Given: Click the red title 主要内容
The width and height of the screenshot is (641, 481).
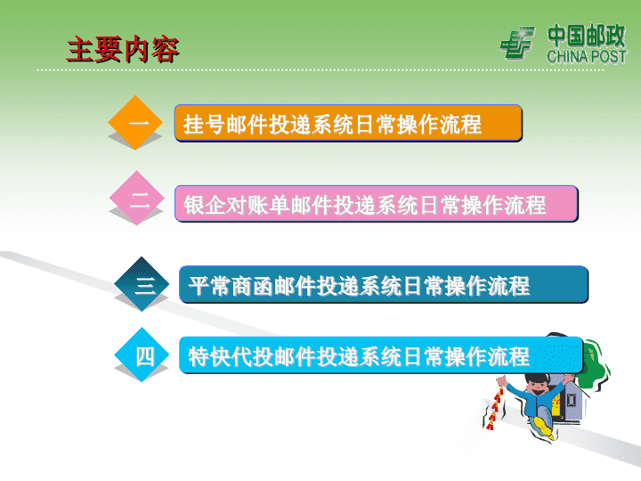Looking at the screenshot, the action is (123, 49).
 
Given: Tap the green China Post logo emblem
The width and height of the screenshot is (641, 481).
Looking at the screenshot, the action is (517, 43).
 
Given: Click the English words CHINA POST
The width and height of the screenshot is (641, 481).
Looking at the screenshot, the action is (587, 56).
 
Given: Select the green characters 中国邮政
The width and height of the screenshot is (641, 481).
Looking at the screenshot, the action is (587, 36).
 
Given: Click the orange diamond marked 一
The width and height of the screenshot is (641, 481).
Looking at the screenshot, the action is (135, 122).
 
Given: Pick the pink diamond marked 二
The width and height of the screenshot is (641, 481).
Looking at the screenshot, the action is (137, 198).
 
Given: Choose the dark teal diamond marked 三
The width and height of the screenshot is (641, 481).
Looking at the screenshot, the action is (142, 284).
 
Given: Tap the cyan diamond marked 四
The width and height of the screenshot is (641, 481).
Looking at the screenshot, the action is (142, 355).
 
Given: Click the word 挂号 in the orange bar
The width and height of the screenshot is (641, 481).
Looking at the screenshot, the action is (205, 125).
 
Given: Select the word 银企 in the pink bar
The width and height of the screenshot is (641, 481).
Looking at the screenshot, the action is (205, 205).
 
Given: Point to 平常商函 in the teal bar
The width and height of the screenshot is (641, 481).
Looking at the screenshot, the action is (231, 286).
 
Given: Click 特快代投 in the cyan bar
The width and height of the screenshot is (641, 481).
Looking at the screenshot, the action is (231, 356).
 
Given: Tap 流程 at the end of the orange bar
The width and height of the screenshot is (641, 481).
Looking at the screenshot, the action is (460, 125).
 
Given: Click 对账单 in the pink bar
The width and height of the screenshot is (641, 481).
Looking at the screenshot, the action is (257, 205).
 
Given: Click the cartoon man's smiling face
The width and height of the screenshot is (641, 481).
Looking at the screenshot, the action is (538, 387).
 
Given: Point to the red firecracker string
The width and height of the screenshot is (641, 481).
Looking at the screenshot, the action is (496, 405).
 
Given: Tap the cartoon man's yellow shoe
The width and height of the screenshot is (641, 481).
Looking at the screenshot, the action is (544, 427).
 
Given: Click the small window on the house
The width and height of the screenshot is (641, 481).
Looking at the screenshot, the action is (572, 399).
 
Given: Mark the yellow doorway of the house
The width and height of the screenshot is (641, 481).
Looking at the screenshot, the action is (556, 405).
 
